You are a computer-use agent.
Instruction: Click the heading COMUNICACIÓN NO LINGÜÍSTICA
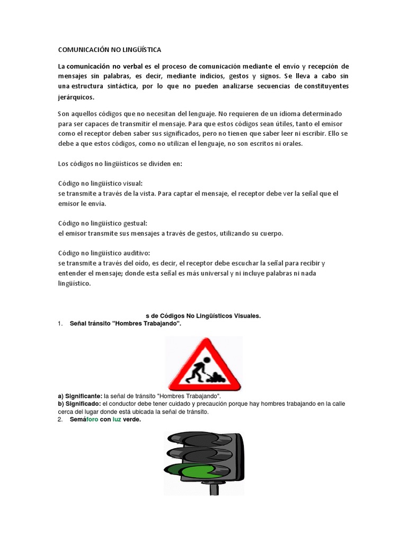pos(109,50)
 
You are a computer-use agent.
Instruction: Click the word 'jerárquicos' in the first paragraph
pos(76,97)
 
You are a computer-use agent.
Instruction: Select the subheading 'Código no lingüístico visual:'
pos(100,183)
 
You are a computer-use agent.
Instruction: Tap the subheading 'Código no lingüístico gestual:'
pos(102,223)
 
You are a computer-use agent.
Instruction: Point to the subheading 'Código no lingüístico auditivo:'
pos(104,253)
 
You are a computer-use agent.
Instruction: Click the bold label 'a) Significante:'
pos(80,396)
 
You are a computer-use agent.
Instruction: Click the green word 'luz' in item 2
pos(117,419)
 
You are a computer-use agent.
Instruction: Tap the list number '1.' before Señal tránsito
pos(60,323)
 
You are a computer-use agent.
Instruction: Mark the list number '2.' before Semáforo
pos(60,419)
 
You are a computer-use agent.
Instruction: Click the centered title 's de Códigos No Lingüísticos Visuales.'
pos(203,316)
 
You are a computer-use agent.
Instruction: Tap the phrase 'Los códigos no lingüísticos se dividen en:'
pos(120,163)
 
